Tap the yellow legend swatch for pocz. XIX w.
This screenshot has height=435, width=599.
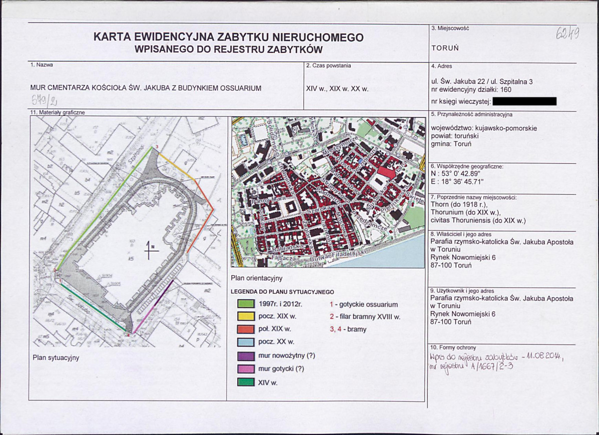click(245, 317)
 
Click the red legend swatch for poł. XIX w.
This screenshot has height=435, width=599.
click(245, 330)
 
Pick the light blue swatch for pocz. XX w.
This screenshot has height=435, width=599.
click(245, 343)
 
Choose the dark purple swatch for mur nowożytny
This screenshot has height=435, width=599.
click(245, 356)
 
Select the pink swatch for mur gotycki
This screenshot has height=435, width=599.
click(245, 369)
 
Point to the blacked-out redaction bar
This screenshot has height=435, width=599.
click(524, 101)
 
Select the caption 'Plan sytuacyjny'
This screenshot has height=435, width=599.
click(56, 358)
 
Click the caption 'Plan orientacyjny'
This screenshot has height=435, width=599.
click(257, 278)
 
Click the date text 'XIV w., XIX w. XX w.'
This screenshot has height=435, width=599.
click(337, 88)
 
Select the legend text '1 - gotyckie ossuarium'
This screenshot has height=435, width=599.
click(363, 304)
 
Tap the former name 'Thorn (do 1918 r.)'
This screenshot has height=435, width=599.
click(458, 204)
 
